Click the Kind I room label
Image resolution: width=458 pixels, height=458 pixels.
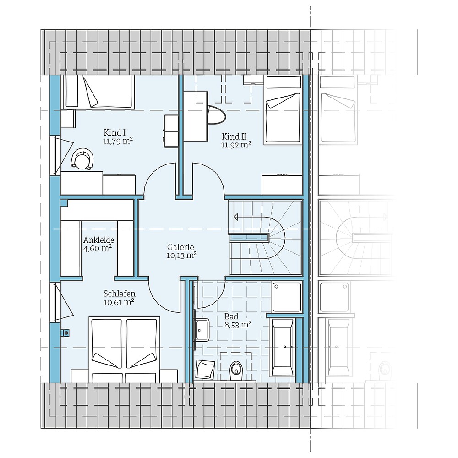coord(115,133)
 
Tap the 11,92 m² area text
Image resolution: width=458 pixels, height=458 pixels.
coord(236,145)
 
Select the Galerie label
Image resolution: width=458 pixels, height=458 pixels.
coord(181,246)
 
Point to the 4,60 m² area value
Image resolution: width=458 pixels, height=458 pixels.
coord(98,248)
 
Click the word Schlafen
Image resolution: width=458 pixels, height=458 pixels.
coord(119,293)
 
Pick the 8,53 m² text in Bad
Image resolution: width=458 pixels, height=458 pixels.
coord(237,325)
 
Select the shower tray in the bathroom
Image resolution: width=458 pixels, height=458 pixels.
coord(287,296)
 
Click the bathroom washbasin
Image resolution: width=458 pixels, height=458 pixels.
coord(202,328)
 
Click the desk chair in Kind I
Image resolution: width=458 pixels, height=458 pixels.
coord(83,159)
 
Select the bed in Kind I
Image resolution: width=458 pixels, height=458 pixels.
coord(97,92)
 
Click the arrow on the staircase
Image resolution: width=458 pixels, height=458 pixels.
coord(237,217)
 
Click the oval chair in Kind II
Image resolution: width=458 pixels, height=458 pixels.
coord(216,114)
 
